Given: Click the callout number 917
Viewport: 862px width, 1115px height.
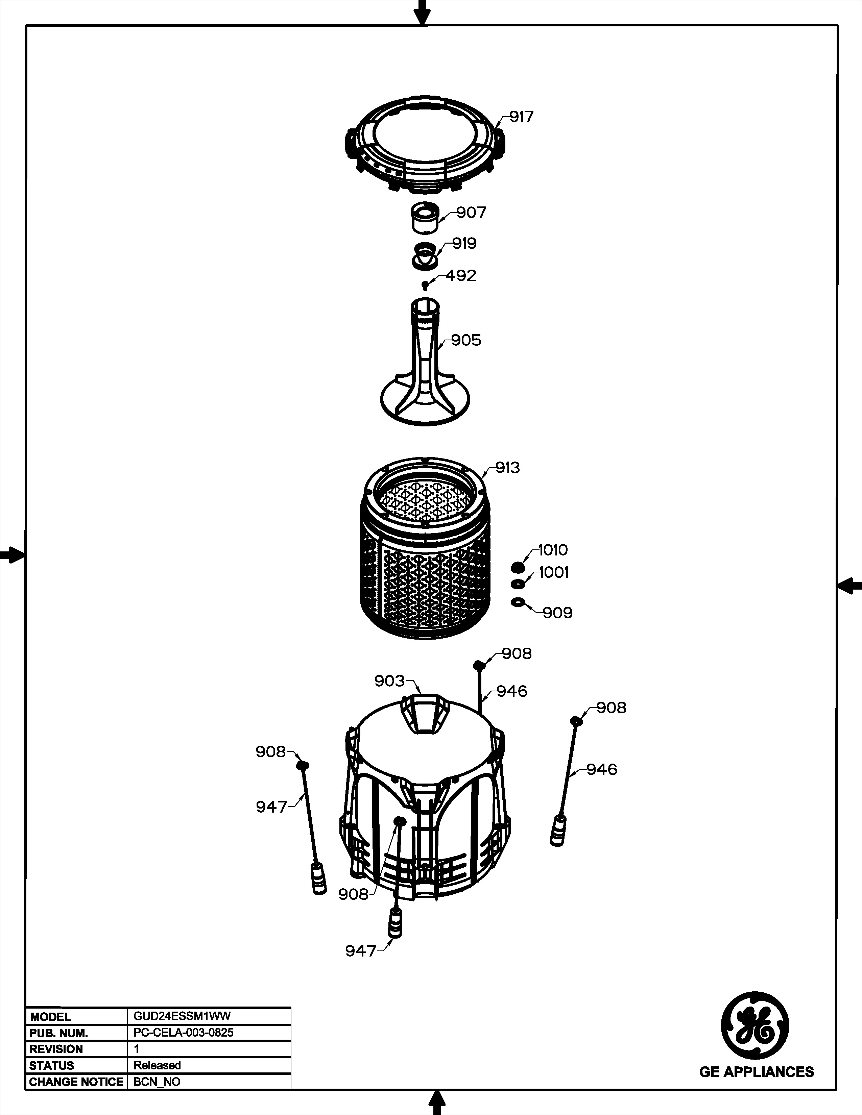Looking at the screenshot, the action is [521, 117].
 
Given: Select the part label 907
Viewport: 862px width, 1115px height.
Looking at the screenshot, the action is [471, 213].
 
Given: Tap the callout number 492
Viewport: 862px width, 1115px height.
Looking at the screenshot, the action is [461, 276].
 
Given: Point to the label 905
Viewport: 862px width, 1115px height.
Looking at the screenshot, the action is [466, 340].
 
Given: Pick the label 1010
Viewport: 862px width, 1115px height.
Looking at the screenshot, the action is [553, 550].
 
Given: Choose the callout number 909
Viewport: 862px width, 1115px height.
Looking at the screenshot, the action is [558, 613].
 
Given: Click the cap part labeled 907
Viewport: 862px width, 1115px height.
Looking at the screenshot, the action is [424, 217].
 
